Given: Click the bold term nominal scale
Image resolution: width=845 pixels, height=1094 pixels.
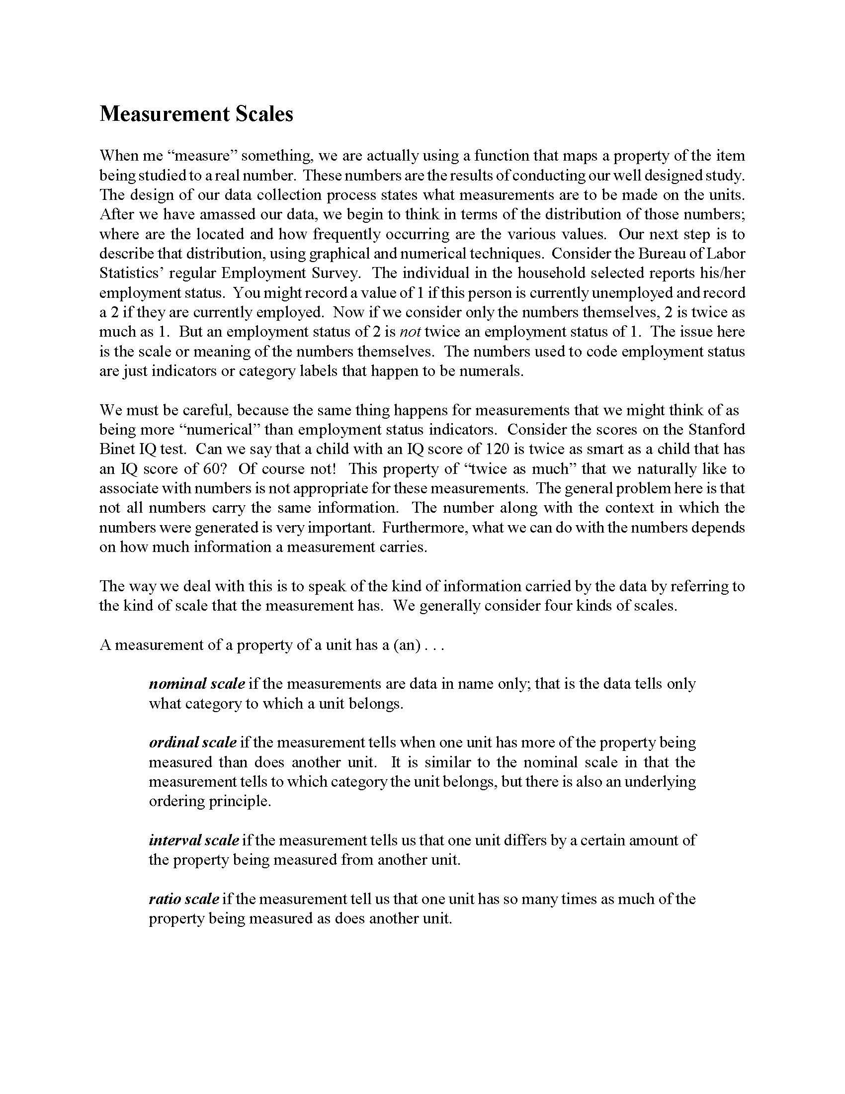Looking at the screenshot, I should [197, 684].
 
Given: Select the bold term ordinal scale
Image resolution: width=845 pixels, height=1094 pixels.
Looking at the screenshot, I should [193, 742].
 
